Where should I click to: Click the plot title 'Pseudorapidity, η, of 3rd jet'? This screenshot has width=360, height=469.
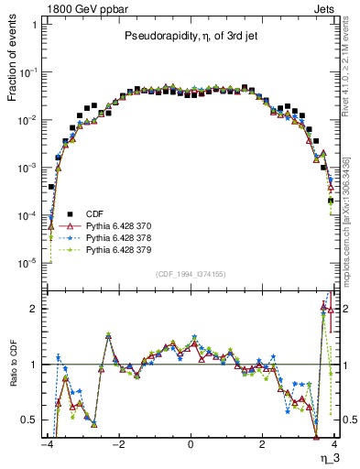(190, 37)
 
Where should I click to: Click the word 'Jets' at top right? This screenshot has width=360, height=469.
(332, 8)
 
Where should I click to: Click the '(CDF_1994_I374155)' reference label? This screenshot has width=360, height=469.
(190, 274)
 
